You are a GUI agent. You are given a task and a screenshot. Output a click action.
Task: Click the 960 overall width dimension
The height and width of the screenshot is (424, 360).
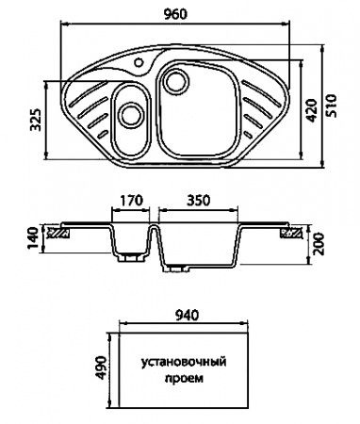click(175, 14)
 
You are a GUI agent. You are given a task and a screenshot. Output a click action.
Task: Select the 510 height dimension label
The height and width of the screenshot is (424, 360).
click(331, 106)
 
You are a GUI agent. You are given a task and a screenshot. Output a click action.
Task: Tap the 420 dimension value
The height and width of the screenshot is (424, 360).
click(311, 110)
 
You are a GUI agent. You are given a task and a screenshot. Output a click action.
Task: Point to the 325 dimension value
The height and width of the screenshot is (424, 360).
click(36, 120)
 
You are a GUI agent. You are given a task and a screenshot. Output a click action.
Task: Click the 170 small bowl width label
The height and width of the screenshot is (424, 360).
click(132, 201)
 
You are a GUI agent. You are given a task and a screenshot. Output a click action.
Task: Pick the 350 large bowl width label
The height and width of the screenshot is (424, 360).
click(198, 201)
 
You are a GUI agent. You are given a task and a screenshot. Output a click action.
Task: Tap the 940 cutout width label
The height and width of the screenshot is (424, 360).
click(188, 315)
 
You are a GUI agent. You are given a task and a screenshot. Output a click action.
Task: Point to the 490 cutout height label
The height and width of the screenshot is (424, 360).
click(101, 367)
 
